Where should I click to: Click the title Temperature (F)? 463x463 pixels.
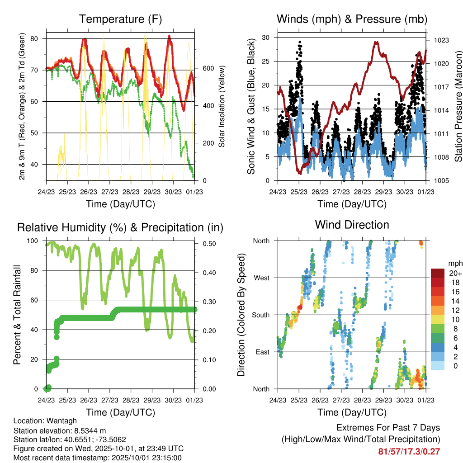pyautogui.click(x=120, y=19)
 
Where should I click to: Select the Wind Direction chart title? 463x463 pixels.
pyautogui.click(x=352, y=224)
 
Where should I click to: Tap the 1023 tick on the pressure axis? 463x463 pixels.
pyautogui.click(x=440, y=40)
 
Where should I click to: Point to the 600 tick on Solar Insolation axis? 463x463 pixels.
pyautogui.click(x=208, y=68)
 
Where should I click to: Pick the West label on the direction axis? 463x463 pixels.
pyautogui.click(x=261, y=278)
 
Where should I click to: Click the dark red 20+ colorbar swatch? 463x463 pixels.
pyautogui.click(x=438, y=273)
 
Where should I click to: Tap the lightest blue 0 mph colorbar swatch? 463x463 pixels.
pyautogui.click(x=438, y=366)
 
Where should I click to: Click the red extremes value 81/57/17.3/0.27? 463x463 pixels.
pyautogui.click(x=409, y=451)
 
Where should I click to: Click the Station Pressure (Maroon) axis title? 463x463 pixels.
pyautogui.click(x=458, y=107)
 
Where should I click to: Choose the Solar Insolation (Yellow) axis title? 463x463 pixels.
pyautogui.click(x=222, y=107)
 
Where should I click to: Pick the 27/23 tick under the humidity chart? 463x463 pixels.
pyautogui.click(x=110, y=400)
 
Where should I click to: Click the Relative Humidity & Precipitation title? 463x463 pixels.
pyautogui.click(x=120, y=227)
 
